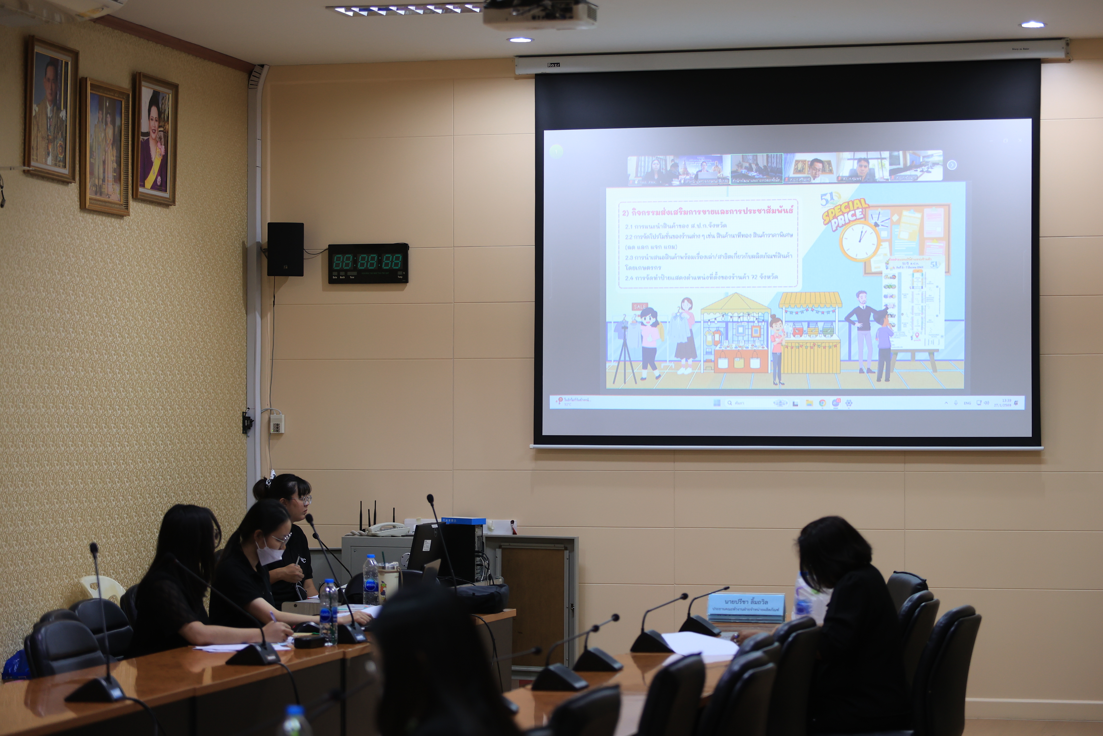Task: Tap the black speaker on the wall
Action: (x=285, y=249)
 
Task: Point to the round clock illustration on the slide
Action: (x=860, y=241)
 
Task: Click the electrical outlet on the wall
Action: (x=277, y=424)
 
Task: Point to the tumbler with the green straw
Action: (x=388, y=582)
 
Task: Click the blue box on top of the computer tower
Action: (x=463, y=521)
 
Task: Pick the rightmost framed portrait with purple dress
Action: (x=155, y=139)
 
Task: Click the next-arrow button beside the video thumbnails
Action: (x=952, y=165)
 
